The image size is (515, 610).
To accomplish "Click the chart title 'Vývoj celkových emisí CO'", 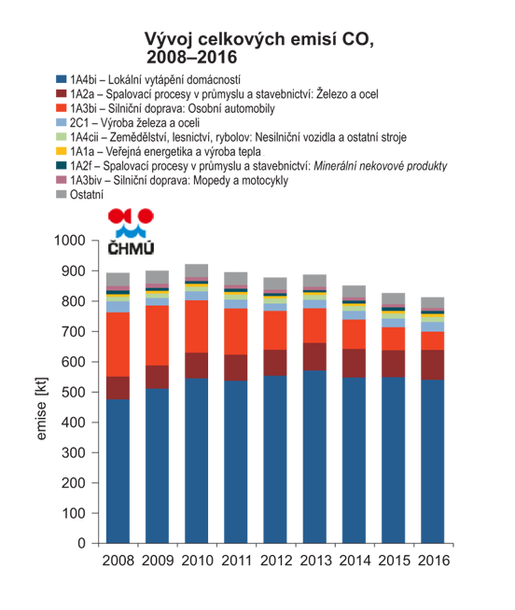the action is coord(258,39).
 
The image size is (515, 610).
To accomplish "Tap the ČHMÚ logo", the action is coord(131,232).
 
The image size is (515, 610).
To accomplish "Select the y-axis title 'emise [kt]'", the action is coord(41,409).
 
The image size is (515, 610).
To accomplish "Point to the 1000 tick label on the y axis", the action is coord(70,241).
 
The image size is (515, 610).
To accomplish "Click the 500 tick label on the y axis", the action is coord(73,392).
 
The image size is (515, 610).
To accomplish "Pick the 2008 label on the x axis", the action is coord(118,561).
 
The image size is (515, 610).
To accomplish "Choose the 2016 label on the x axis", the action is coord(434,561).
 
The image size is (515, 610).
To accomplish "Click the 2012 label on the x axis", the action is coord(276,561).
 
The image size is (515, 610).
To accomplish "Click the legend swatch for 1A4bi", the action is coord(62,79).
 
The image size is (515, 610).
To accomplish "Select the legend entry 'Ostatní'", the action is coord(80,194).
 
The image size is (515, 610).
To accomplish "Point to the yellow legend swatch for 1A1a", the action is coord(62,151).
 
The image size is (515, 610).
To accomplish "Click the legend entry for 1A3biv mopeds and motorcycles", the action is coord(172,180).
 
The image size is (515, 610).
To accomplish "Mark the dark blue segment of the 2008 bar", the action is coord(118,471).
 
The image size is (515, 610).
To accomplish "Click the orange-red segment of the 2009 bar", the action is coord(158,336).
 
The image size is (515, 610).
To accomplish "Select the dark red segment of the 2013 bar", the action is coord(314,356).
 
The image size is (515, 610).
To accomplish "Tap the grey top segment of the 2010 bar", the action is coord(197,270).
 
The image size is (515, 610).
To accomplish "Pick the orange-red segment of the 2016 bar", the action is coord(433,340).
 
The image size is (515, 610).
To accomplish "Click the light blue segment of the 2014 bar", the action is coord(354,315).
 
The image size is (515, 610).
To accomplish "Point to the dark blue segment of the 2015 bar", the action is coord(393,460).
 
